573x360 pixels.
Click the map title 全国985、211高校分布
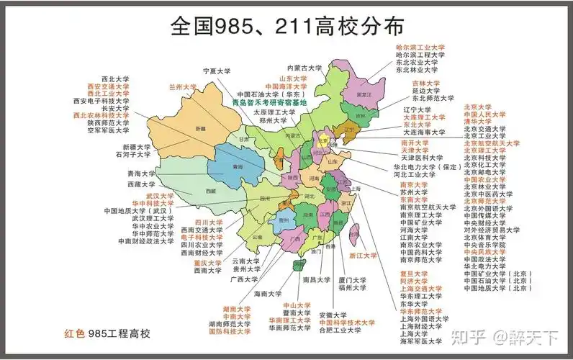(x=286, y=27)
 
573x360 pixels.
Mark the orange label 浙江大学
(x=364, y=255)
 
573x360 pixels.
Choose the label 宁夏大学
(x=217, y=71)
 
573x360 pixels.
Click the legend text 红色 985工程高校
(x=107, y=333)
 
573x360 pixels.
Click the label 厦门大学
(x=355, y=279)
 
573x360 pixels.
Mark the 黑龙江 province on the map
(x=364, y=93)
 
